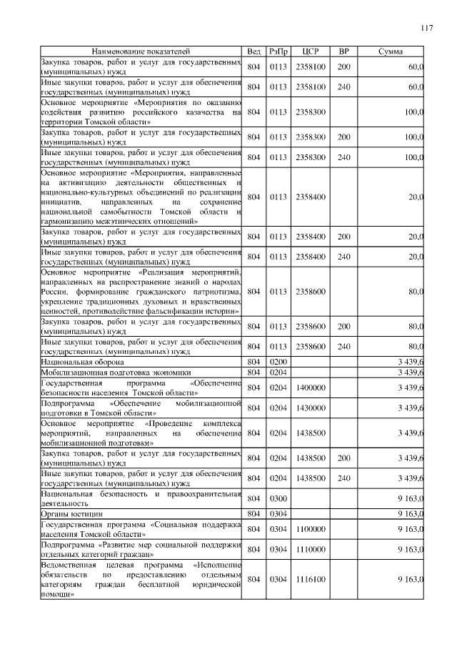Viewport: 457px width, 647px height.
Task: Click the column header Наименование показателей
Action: tap(141, 51)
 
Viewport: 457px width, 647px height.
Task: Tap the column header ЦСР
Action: tap(310, 51)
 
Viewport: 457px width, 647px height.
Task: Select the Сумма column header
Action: tap(390, 51)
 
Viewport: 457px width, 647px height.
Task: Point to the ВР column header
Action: tap(343, 51)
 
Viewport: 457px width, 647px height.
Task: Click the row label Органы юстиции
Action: tap(72, 513)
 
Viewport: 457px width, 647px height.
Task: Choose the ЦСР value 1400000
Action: tap(310, 387)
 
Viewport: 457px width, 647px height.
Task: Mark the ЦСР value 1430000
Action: tap(310, 408)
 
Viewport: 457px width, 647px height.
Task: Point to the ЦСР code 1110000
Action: tap(310, 549)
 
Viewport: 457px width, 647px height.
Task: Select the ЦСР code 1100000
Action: tap(310, 528)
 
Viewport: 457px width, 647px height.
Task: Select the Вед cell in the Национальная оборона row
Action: tap(253, 362)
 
